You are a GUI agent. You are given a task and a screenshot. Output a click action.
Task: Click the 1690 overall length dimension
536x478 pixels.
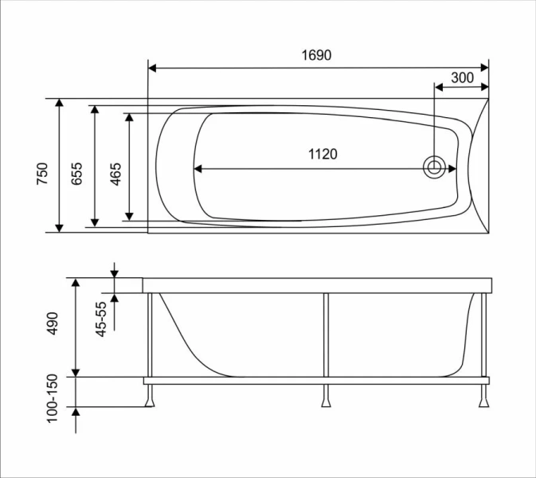[x=317, y=56]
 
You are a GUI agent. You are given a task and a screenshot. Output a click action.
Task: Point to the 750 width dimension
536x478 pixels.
[x=43, y=174]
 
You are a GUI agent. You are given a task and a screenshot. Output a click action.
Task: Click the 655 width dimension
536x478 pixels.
[x=77, y=174]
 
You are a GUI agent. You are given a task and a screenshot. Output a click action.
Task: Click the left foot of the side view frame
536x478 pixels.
[x=150, y=398]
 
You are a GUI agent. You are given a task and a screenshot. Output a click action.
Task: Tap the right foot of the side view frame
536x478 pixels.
[x=483, y=398]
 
